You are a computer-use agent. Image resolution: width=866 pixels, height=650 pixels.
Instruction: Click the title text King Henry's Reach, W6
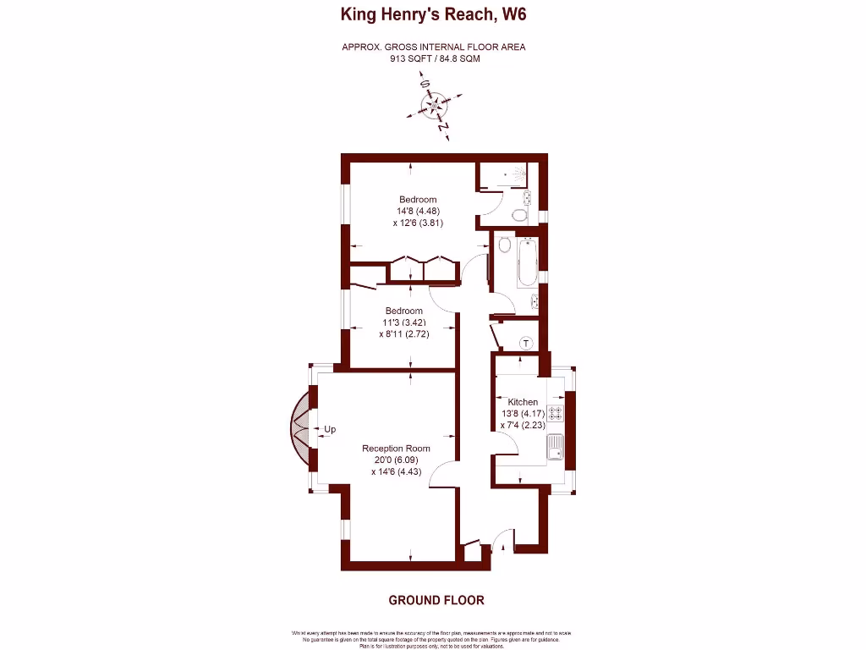click(433, 14)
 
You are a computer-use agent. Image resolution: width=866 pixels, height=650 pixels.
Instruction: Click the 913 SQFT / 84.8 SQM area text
click(433, 59)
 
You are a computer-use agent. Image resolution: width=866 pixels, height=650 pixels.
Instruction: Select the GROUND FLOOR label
click(436, 600)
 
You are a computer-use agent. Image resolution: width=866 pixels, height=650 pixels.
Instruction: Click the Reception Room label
click(396, 449)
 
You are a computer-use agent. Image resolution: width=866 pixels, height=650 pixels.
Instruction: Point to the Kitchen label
click(523, 402)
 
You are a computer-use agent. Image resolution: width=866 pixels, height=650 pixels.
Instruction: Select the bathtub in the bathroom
click(526, 262)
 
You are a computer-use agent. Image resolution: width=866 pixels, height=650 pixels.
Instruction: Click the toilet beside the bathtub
click(503, 246)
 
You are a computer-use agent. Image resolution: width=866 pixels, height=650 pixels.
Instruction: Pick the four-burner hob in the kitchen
click(556, 414)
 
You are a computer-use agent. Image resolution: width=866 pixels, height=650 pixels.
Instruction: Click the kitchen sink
click(556, 446)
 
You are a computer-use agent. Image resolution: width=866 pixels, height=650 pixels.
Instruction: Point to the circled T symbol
click(525, 343)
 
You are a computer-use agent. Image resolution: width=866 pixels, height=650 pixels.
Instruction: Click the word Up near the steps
click(329, 430)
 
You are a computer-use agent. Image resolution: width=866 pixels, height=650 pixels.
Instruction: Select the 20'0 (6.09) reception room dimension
click(396, 460)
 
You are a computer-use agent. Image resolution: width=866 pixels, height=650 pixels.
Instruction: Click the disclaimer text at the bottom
click(432, 639)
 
